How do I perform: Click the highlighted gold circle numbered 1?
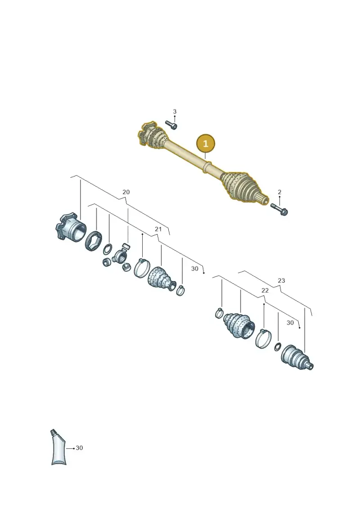pyautogui.click(x=206, y=143)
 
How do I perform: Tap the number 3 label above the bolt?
pyautogui.click(x=175, y=112)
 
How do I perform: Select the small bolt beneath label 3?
pyautogui.click(x=171, y=125)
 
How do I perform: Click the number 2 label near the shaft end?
pyautogui.click(x=279, y=192)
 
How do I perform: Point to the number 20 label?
pyautogui.click(x=126, y=192)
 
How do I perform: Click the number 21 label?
pyautogui.click(x=158, y=229)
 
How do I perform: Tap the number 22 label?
pyautogui.click(x=265, y=290)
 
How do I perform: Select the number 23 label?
pyautogui.click(x=281, y=280)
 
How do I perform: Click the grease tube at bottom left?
pyautogui.click(x=58, y=447)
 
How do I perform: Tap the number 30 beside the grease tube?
pyautogui.click(x=79, y=448)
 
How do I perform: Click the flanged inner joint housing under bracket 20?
pyautogui.click(x=71, y=227)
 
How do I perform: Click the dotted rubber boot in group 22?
pyautogui.click(x=239, y=325)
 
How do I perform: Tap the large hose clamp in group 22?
pyautogui.click(x=263, y=338)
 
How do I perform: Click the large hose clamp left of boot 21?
pyautogui.click(x=142, y=268)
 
